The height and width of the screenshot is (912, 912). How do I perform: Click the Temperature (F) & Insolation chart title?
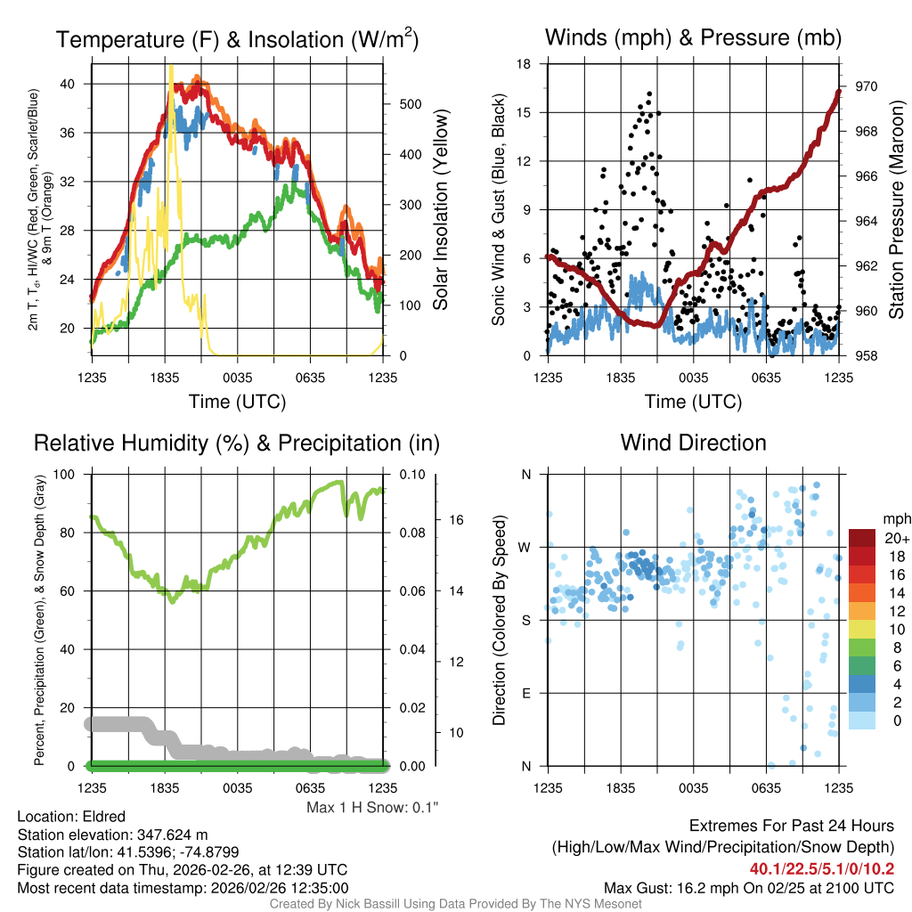coord(237,39)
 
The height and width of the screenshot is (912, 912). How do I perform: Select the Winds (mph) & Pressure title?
coord(693,37)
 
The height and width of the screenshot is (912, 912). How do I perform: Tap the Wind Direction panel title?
coord(693,443)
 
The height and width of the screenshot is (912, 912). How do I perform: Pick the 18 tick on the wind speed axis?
coord(525,64)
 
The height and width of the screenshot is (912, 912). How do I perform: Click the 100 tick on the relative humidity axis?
coord(73,474)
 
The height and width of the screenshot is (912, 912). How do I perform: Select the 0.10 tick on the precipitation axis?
coord(411,474)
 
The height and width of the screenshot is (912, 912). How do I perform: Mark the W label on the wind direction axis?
coord(525,547)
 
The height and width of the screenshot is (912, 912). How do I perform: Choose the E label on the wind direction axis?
coord(525,693)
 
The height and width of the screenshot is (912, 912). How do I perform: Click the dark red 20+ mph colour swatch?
coord(863,537)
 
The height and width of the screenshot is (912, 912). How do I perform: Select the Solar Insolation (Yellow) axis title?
coord(440,210)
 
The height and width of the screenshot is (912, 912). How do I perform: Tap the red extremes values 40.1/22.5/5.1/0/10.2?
coord(822,868)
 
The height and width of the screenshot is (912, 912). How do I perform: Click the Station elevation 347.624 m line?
coord(112,835)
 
